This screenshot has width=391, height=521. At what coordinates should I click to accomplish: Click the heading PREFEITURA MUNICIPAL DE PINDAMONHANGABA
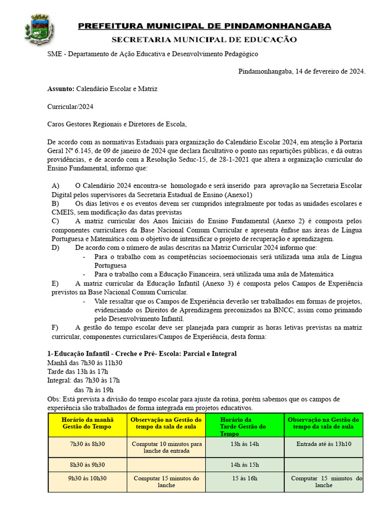coord(205,26)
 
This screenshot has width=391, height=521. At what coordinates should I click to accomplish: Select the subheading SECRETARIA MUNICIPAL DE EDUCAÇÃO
coord(204,39)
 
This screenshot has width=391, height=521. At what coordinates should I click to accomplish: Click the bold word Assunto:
coord(61,89)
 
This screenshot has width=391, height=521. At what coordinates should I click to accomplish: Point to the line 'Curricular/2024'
coord(70,106)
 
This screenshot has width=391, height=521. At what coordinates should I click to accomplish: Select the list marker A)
coord(56,186)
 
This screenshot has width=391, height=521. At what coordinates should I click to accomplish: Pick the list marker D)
coord(56,247)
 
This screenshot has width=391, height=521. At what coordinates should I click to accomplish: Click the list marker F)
coord(55,327)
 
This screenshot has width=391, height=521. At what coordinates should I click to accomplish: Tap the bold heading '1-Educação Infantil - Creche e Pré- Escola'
coord(142,354)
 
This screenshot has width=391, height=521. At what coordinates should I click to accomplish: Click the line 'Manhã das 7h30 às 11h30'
coord(85,363)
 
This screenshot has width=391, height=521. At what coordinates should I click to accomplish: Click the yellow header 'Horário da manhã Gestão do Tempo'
coord(87,423)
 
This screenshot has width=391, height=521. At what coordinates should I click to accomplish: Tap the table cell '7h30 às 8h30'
coord(87,444)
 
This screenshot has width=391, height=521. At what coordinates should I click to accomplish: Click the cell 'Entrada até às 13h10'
coord(323,444)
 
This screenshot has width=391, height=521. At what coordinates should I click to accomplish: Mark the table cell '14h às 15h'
coord(245,465)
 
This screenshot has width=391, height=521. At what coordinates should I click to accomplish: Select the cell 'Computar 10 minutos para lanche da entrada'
coord(166,447)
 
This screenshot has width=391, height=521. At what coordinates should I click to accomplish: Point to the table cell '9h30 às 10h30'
coord(87,478)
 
